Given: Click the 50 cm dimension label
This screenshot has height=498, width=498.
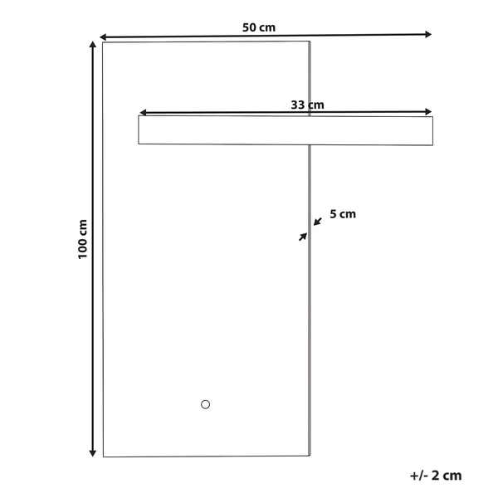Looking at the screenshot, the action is coord(258,27).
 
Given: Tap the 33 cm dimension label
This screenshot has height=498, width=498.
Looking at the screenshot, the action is coord(307,105).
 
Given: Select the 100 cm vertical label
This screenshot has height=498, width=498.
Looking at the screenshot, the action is coord(82,239).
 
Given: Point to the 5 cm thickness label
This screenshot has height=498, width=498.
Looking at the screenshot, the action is coord(343,214).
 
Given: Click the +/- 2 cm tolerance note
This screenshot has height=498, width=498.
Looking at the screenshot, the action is coord(436,476).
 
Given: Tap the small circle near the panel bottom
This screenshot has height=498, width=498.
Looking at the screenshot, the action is coord(206,404).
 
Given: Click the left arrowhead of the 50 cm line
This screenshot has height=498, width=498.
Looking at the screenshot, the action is coord(103,37).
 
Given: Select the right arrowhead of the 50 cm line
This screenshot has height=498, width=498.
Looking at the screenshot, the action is coord(428,34).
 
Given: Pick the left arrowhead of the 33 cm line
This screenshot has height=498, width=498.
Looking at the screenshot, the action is coord(144,112).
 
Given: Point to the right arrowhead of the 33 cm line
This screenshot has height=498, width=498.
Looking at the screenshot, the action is coord(428,111).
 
